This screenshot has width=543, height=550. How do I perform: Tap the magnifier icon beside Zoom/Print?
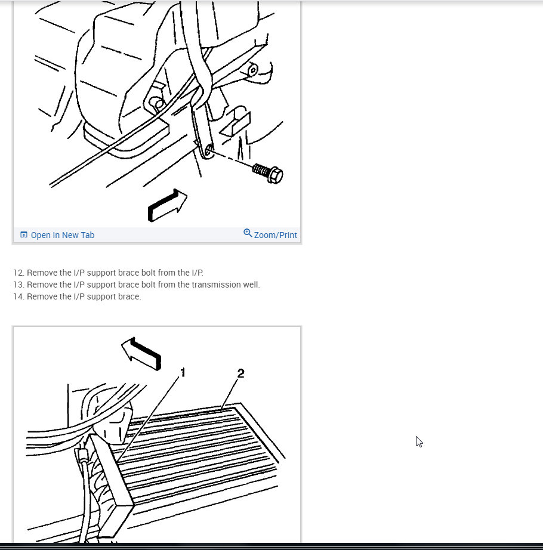coord(248,233)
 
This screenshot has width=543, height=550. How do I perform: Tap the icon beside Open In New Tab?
coord(24,234)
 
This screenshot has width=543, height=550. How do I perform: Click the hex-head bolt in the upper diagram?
coord(268,172)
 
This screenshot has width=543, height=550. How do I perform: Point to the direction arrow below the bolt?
coord(168,206)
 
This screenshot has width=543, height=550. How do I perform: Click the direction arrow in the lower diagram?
coord(141,354)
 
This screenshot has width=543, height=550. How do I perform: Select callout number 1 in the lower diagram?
coord(183,372)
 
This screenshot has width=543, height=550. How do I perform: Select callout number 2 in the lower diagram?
coord(240,373)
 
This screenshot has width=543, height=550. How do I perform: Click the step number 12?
coord(19,273)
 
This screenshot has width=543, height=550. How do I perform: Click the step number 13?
coord(19,285)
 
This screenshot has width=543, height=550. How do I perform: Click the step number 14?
coord(19,296)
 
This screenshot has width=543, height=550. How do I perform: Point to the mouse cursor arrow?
coord(419,441)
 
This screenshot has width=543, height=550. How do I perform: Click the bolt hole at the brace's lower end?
coord(208,151)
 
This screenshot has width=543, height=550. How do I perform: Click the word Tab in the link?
coord(88,235)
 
